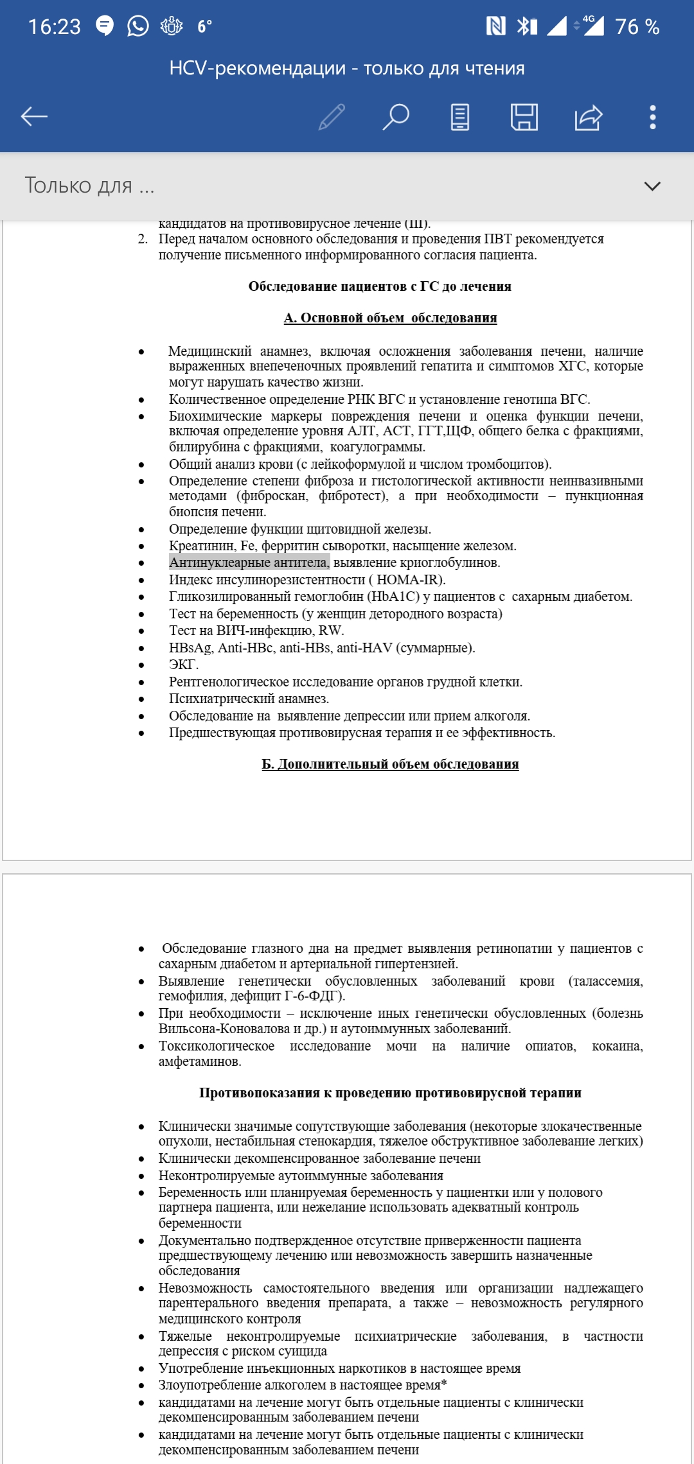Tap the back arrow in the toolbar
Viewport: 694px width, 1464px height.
click(x=35, y=116)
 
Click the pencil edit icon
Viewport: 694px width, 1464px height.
click(x=332, y=117)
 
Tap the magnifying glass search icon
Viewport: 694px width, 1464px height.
click(x=396, y=117)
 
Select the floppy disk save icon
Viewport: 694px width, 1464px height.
click(x=524, y=117)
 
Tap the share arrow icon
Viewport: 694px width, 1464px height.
click(x=588, y=117)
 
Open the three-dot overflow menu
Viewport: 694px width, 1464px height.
click(x=652, y=117)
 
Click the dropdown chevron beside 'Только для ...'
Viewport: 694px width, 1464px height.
click(x=652, y=186)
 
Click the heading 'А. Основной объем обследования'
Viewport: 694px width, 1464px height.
click(x=390, y=318)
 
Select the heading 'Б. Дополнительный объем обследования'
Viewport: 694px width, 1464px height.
click(x=390, y=764)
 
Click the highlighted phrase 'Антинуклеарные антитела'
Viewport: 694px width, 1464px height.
click(x=249, y=562)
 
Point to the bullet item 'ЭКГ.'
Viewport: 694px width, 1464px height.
click(x=184, y=665)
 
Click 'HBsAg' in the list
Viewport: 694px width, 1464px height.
click(x=190, y=648)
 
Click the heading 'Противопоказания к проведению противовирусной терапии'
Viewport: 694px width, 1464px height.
click(x=390, y=1093)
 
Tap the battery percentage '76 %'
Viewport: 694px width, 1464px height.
click(x=637, y=27)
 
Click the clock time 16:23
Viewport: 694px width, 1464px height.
click(x=55, y=27)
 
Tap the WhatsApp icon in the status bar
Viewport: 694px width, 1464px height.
click(x=138, y=26)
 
